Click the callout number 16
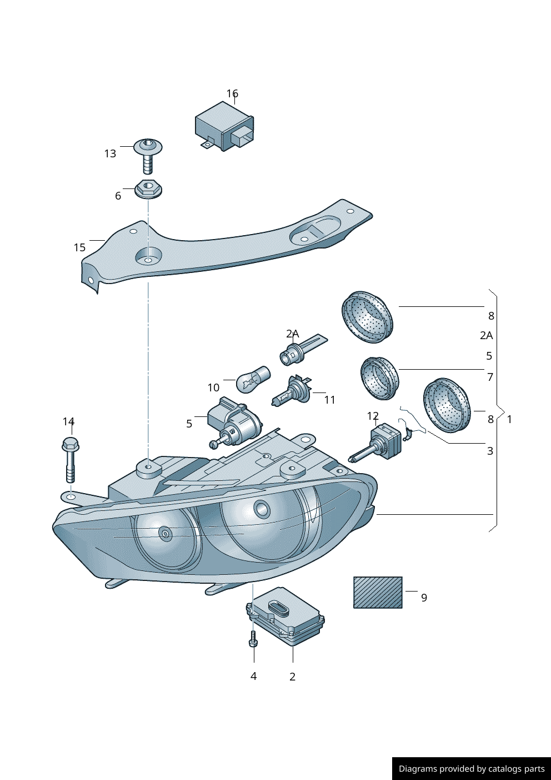point(232,93)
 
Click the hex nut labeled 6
point(148,189)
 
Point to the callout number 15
point(79,247)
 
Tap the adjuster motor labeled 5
point(233,423)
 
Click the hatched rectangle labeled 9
point(378,592)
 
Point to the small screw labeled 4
point(253,642)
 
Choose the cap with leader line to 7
point(379,378)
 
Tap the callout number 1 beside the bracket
point(509,419)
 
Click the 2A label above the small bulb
point(292,334)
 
